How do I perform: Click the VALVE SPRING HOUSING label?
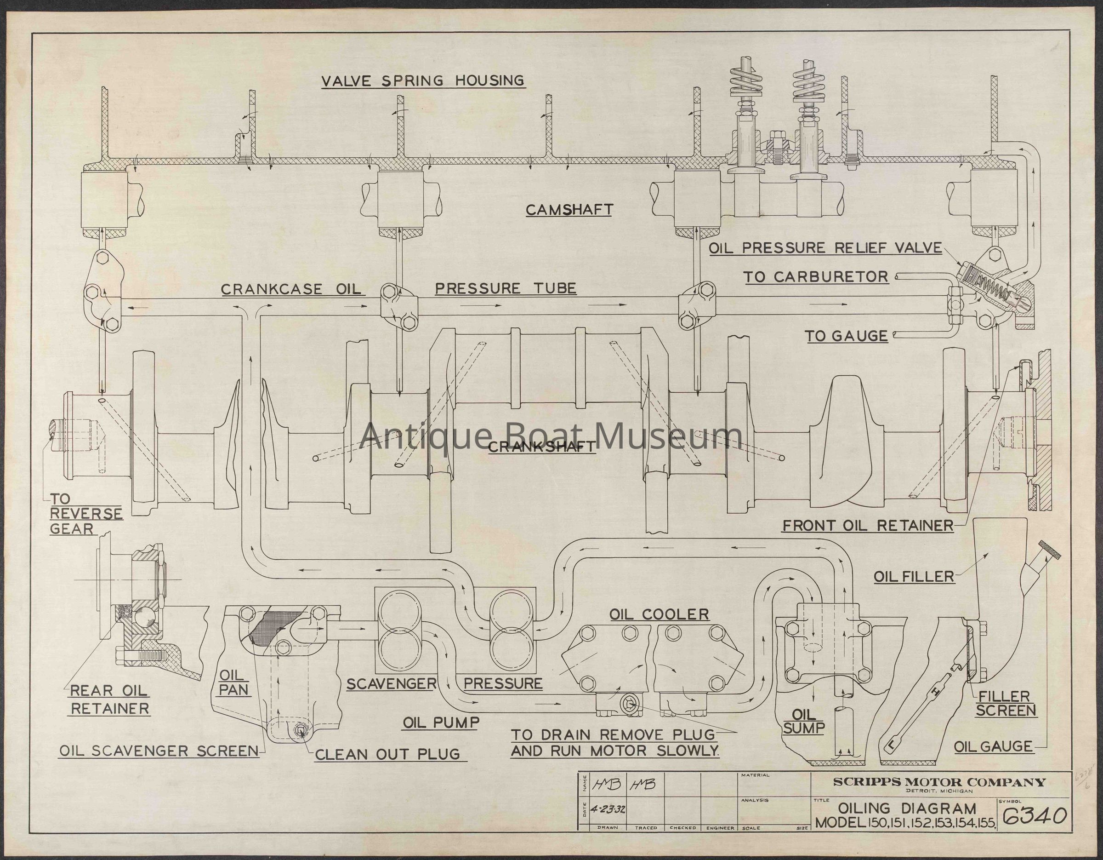423,81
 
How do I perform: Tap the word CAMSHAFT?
569,210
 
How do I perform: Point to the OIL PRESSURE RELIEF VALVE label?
825,248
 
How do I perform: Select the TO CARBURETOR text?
815,277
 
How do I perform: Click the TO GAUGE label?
847,336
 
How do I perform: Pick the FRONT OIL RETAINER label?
868,526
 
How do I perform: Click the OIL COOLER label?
659,614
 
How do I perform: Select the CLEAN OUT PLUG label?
387,754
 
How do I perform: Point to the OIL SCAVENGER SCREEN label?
159,751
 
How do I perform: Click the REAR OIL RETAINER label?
109,700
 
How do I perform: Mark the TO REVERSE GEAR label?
86,514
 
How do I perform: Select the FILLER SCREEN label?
1006,703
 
